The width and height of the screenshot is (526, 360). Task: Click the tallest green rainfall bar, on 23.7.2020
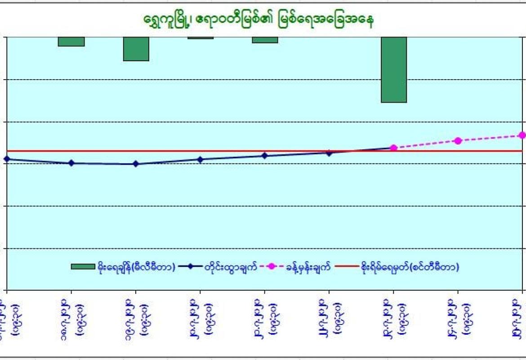394,69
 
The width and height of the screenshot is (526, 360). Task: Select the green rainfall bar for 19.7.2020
136,49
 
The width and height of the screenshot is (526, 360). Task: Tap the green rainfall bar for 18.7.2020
71,41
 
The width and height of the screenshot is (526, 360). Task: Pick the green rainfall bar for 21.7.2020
265,40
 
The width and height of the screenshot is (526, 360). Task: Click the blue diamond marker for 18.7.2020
71,163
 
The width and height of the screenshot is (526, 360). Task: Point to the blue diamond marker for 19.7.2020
136,164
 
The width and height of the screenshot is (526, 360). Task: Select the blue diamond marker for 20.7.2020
201,159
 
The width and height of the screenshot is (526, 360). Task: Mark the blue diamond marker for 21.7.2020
265,156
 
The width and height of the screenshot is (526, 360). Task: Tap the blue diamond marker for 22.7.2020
330,153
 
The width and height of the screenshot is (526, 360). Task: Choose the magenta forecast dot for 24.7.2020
458,141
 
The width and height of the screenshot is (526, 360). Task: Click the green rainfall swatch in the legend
83,267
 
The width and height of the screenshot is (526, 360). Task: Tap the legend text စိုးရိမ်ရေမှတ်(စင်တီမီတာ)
410,267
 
